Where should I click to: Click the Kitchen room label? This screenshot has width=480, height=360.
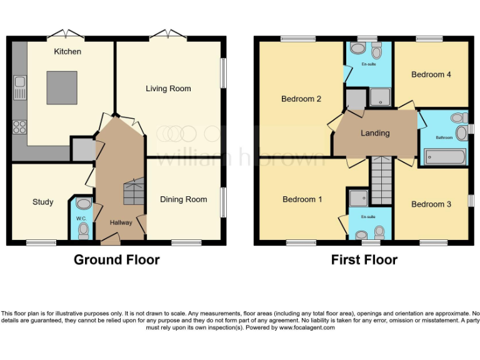pos(67,51)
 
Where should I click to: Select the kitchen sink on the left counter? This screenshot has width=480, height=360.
pos(20,87)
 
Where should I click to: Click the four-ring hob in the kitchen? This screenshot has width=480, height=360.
pos(19,127)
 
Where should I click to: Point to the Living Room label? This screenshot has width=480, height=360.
pos(168,89)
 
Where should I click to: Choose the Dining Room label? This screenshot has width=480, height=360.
pos(183,199)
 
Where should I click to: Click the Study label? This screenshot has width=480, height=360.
pos(42,202)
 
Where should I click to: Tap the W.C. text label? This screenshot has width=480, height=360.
pos(81,218)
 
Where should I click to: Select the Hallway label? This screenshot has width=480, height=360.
pos(121,222)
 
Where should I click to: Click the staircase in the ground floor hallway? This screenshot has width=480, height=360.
pos(134,191)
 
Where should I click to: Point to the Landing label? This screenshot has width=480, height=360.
pos(375,133)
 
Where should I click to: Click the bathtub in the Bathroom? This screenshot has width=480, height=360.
pos(444,156)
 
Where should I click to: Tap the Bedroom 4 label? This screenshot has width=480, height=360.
pos(431,74)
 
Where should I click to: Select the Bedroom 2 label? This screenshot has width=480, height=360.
pos(301,99)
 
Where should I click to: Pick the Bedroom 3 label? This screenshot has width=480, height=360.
pos(431,204)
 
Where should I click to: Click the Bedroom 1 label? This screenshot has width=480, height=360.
pos(302,199)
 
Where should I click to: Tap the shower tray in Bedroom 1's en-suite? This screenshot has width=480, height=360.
pos(358,198)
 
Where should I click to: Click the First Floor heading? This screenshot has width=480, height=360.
pos(364,259)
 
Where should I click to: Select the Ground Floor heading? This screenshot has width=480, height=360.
pos(117,259)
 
